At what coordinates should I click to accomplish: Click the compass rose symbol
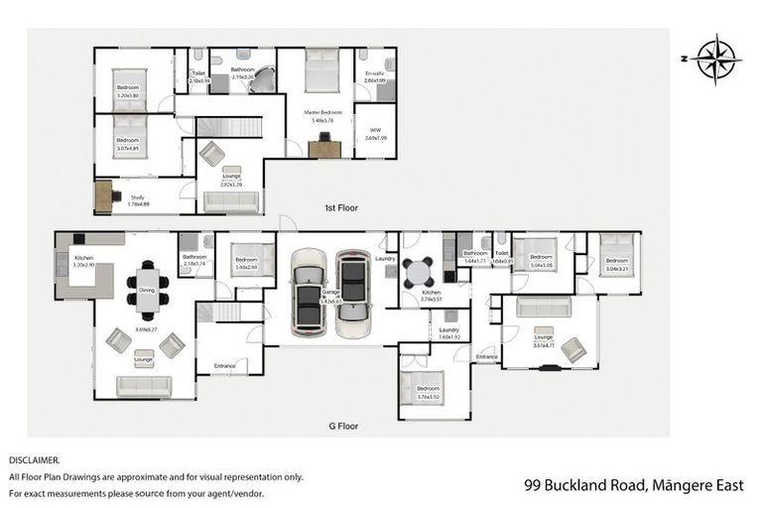pyautogui.click(x=713, y=59)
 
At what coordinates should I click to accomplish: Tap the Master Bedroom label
pyautogui.click(x=323, y=113)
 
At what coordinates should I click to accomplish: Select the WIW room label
pyautogui.click(x=374, y=130)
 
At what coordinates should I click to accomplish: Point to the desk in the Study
pyautogui.click(x=104, y=195)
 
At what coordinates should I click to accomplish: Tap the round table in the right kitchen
pyautogui.click(x=419, y=271)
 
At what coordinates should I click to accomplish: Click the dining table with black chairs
pyautogui.click(x=147, y=286)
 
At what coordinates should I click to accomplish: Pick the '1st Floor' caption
pyautogui.click(x=341, y=208)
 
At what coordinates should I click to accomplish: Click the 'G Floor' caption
pyautogui.click(x=343, y=426)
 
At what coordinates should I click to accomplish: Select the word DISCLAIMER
pyautogui.click(x=34, y=460)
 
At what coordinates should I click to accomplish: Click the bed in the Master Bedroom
pyautogui.click(x=322, y=70)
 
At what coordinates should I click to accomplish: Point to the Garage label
pyautogui.click(x=329, y=293)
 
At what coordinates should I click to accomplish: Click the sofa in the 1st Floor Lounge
pyautogui.click(x=230, y=202)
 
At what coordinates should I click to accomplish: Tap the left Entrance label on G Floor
pyautogui.click(x=224, y=366)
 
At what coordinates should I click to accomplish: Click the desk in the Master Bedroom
pyautogui.click(x=323, y=148)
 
